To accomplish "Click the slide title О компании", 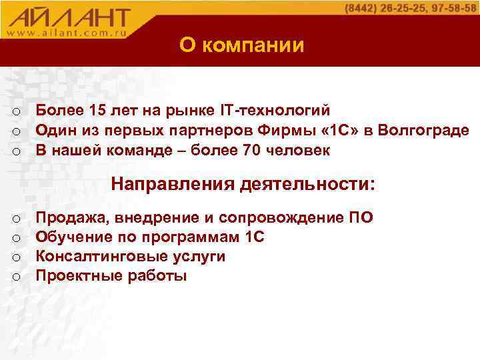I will coord(241,45).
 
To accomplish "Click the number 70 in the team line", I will coord(251,150).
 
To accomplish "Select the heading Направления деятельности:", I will coord(243,183).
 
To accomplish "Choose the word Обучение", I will coord(70,237).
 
